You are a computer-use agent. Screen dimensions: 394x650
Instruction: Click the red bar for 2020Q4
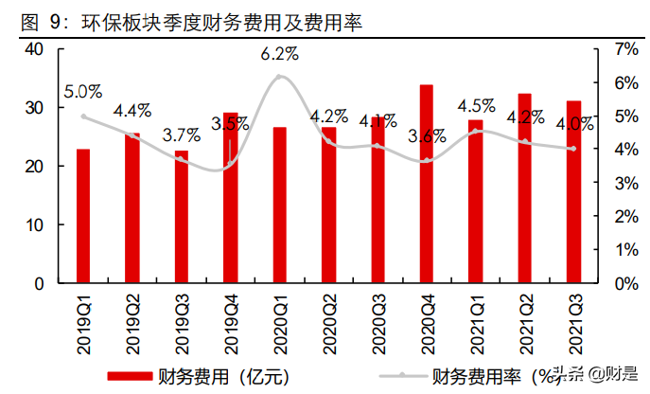click(x=427, y=184)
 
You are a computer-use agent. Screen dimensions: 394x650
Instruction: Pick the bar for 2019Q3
click(x=182, y=217)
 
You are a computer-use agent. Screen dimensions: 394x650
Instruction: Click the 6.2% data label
click(x=279, y=55)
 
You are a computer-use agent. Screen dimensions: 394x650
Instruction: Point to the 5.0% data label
click(x=83, y=92)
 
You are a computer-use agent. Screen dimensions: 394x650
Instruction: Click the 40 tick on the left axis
click(x=33, y=49)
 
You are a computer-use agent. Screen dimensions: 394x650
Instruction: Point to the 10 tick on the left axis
click(x=33, y=225)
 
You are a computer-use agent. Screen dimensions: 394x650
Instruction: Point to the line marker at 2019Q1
click(x=83, y=116)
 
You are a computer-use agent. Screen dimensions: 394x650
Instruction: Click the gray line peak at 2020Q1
click(x=279, y=76)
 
